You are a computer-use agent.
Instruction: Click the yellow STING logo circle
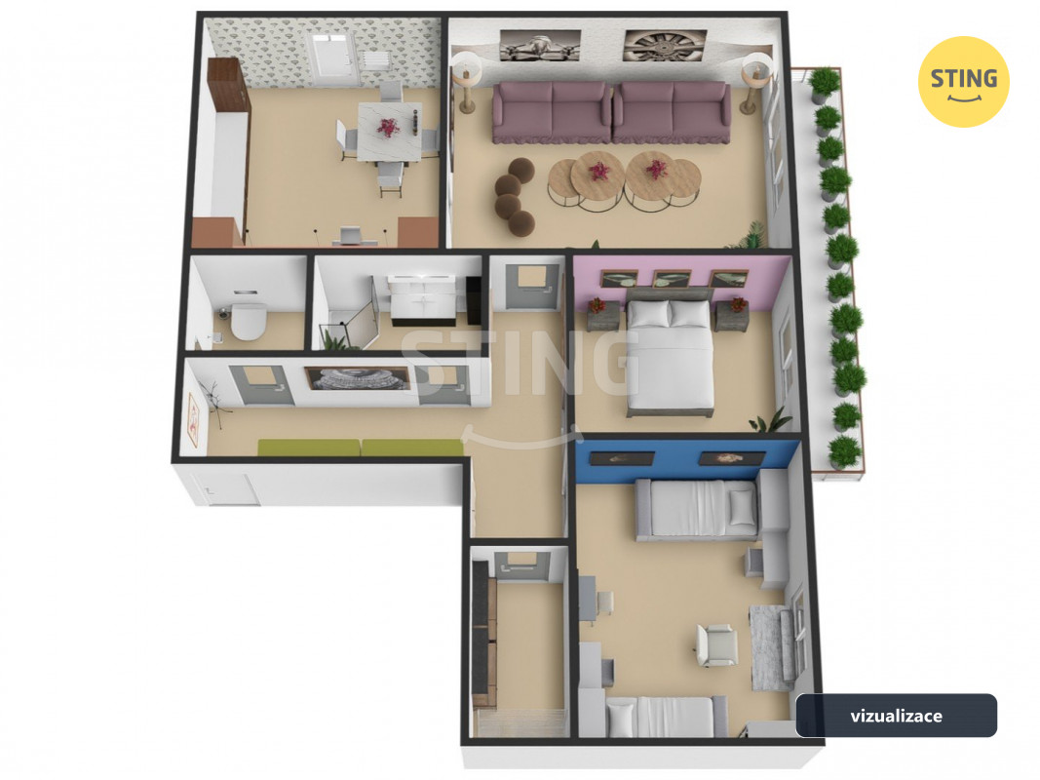pyautogui.click(x=963, y=82)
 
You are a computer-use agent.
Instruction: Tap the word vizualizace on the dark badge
pyautogui.click(x=896, y=716)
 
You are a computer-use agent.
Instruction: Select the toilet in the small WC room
pyautogui.click(x=249, y=320)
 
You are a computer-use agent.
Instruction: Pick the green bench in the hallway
pyautogui.click(x=360, y=448)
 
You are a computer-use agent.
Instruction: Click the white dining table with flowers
pyautogui.click(x=389, y=132)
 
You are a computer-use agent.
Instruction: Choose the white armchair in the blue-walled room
pyautogui.click(x=716, y=644)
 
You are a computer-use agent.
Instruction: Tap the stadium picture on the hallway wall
pyautogui.click(x=358, y=378)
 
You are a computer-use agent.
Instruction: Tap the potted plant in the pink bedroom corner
pyautogui.click(x=771, y=420)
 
